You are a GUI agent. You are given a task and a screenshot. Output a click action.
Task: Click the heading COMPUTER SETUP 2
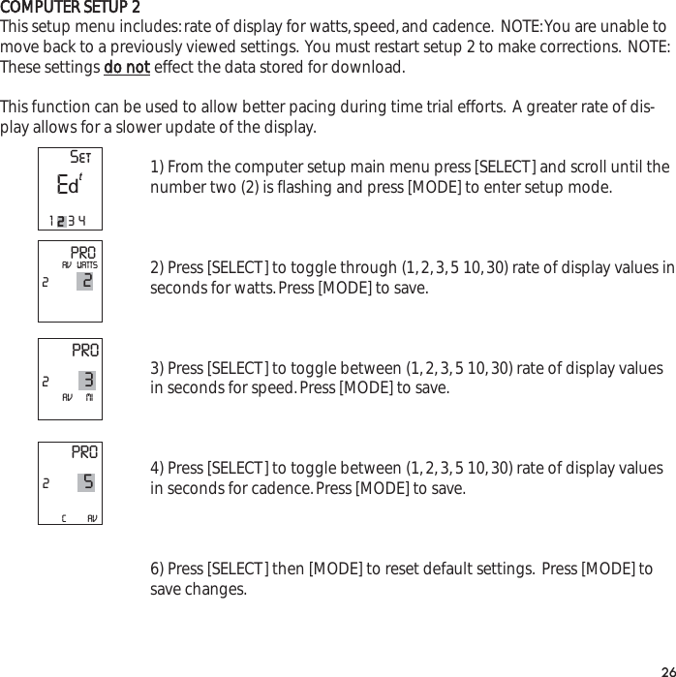pos(70,9)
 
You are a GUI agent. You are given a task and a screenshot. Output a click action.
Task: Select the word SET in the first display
pos(81,158)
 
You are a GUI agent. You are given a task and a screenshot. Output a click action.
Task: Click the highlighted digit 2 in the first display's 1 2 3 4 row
pos(60,222)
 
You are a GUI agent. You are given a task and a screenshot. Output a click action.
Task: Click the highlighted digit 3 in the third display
pos(87,381)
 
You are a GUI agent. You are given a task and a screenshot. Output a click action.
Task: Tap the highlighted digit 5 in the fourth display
pos(87,481)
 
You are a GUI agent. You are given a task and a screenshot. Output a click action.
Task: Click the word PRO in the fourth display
pos(84,452)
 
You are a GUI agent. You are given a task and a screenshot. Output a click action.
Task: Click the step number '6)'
pos(157,568)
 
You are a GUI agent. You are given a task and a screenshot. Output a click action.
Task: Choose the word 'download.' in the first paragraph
pos(372,68)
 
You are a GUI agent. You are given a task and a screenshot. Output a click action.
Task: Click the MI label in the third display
pos(89,397)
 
